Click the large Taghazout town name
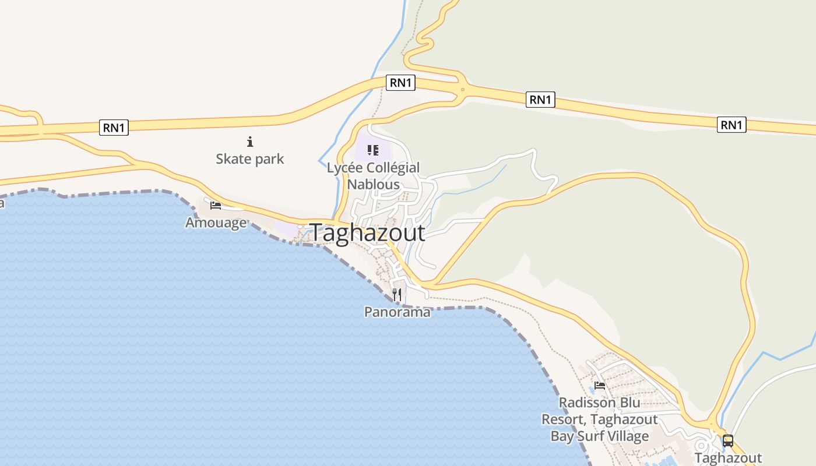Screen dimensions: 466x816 [x=368, y=232]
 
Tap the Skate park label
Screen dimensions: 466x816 [x=249, y=158]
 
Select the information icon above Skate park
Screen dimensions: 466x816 [x=250, y=141]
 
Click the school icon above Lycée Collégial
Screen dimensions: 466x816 [x=373, y=150]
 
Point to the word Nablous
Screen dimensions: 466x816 [x=373, y=184]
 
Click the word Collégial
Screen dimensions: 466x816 [x=392, y=168]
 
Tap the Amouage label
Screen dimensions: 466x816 [x=216, y=223]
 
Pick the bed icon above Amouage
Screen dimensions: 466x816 [x=216, y=205]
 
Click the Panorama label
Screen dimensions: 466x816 [x=397, y=312]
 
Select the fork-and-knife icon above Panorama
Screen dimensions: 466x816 [x=397, y=294]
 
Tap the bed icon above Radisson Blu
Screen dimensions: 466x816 [x=599, y=385]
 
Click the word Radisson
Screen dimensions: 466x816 [x=587, y=403]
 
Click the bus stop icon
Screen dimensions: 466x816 [x=727, y=440]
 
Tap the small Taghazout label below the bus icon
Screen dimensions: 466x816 [x=728, y=458]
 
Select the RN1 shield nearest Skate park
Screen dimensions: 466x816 [x=114, y=128]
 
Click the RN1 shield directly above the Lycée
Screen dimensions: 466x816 [x=400, y=83]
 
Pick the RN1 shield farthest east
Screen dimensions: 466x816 [x=731, y=125]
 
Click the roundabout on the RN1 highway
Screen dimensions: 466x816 [x=462, y=90]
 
